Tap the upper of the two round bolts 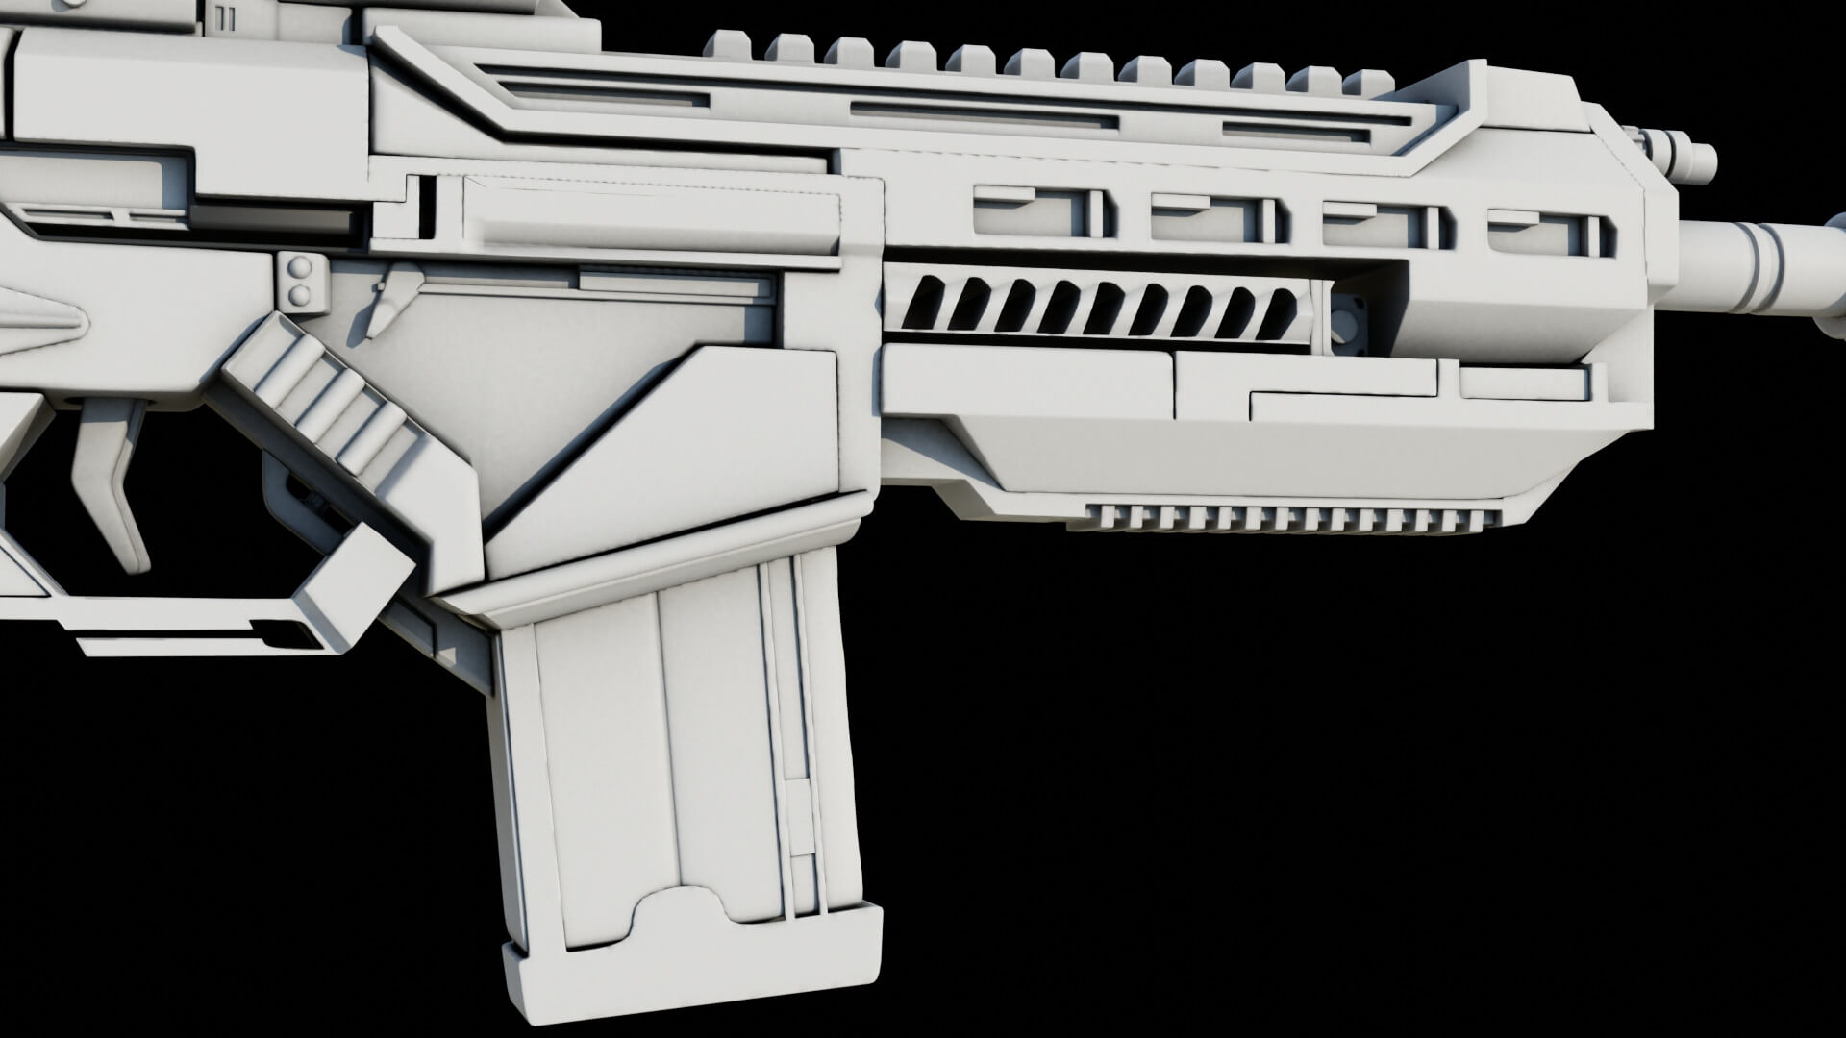click(x=301, y=266)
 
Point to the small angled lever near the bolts click(x=385, y=298)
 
